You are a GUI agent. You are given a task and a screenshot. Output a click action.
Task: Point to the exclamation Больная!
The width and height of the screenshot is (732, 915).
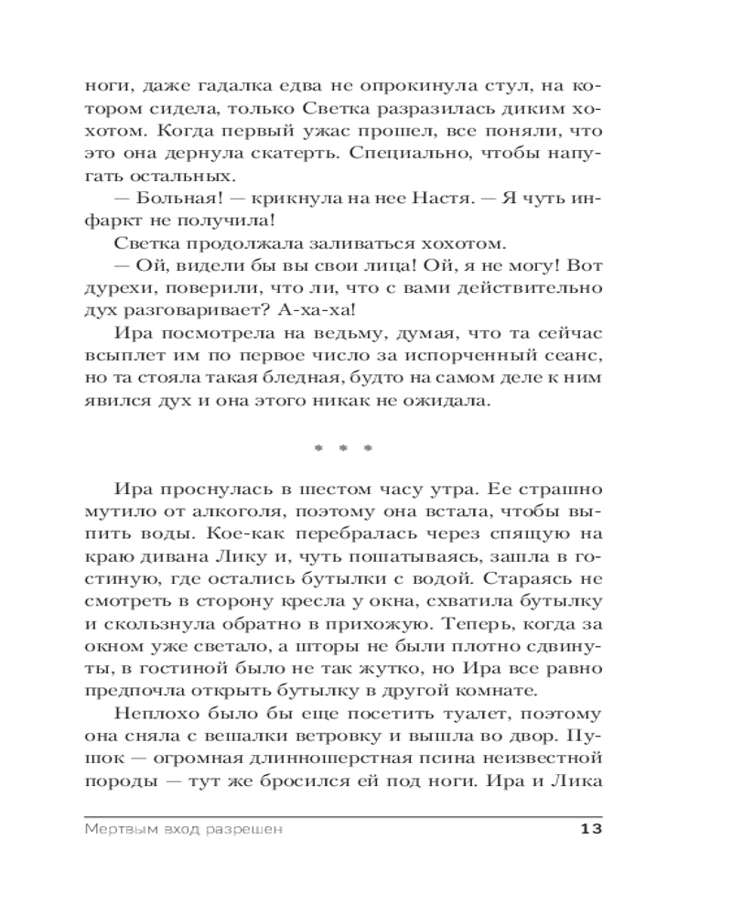(178, 195)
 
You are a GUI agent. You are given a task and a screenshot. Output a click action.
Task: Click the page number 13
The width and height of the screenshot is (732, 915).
(589, 830)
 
